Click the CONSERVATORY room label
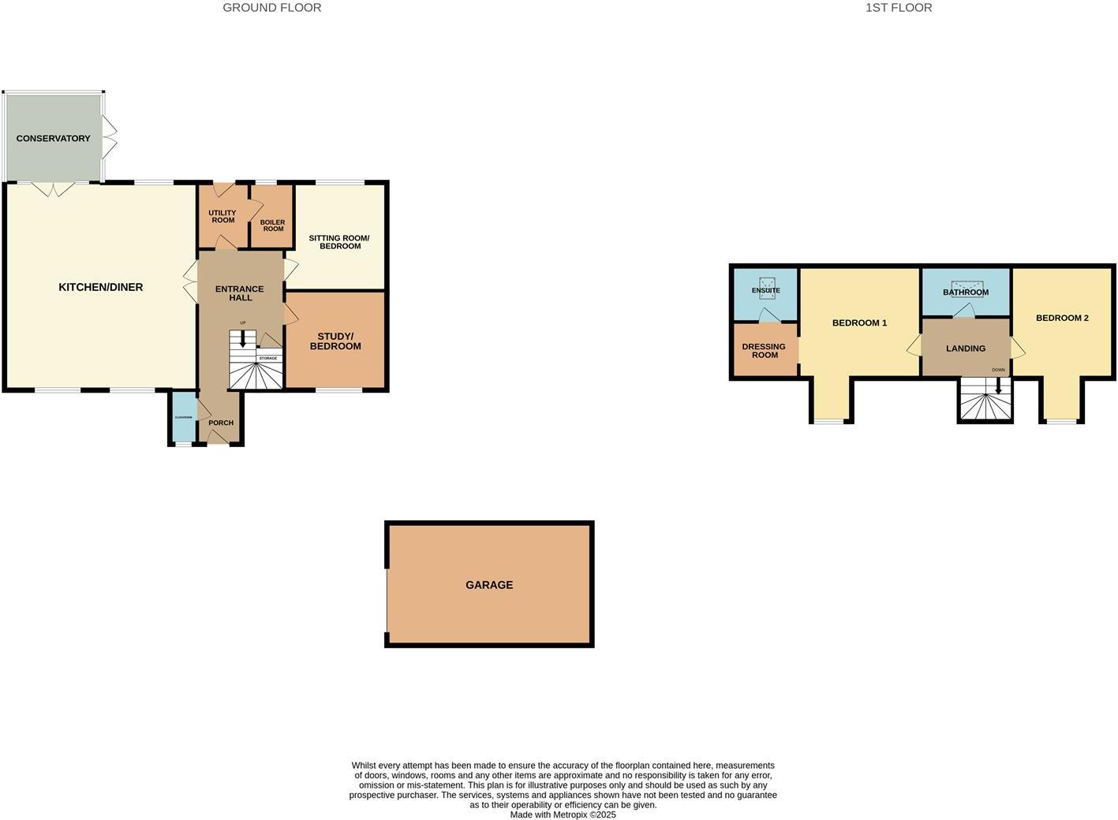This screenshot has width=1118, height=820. coord(53,139)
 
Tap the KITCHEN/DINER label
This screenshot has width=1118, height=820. coord(101,287)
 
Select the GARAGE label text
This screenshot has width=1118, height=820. coord(489,585)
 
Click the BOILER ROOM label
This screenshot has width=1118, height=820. coord(273,225)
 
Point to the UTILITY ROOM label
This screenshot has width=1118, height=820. coord(222,216)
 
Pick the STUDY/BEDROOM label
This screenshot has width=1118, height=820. coord(335,341)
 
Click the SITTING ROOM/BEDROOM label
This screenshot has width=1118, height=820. coord(339,242)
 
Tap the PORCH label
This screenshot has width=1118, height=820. coord(221,423)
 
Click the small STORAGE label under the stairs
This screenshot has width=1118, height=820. coord(268,359)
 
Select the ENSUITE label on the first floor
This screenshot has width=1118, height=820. coord(765,290)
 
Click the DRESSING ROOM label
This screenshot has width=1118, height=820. coord(764,351)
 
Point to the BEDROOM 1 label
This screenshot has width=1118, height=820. coord(859,323)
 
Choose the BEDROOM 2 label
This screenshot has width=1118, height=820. coord(1062,319)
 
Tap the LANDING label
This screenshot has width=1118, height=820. coord(966,348)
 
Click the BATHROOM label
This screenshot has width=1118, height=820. coord(966,293)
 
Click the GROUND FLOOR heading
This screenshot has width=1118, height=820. coord(271,8)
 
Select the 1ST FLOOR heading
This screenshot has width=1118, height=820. coord(899,8)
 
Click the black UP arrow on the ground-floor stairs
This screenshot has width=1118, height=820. coord(243,340)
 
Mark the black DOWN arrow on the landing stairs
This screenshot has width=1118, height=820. coord(999,386)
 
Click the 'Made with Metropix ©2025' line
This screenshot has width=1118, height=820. coord(563,814)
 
